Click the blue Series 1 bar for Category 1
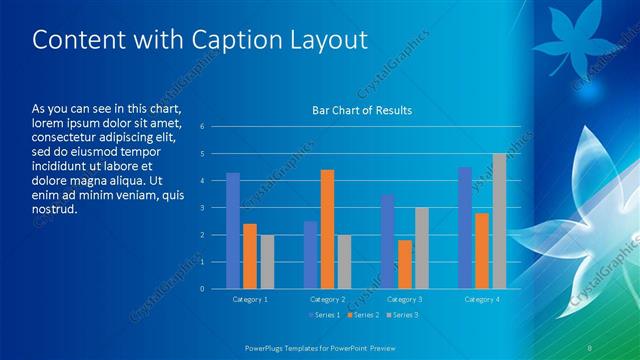(x=233, y=230)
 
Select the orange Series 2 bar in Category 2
(x=327, y=229)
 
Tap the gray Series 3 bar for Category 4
(x=499, y=221)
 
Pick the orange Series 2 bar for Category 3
(x=404, y=264)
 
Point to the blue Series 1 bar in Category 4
(x=465, y=228)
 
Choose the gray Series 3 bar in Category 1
(x=267, y=261)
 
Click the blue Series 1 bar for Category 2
(x=310, y=255)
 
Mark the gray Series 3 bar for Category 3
(x=421, y=248)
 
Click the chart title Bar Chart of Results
(x=362, y=111)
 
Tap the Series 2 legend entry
(x=363, y=315)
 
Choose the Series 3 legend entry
(x=401, y=315)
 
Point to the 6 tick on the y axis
(x=202, y=127)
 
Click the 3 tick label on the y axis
(x=202, y=208)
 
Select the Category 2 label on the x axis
(x=327, y=299)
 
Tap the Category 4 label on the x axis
(x=482, y=299)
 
